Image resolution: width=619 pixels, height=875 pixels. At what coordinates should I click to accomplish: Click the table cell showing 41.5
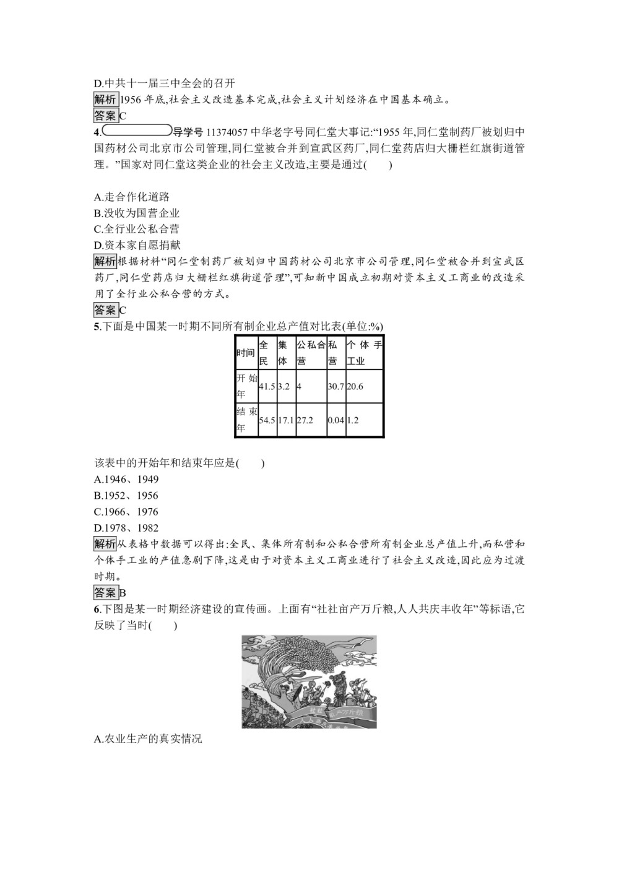click(x=267, y=386)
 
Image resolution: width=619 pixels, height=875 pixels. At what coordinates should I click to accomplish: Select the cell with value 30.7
click(x=335, y=386)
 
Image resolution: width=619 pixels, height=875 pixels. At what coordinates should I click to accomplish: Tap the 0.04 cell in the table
click(x=335, y=420)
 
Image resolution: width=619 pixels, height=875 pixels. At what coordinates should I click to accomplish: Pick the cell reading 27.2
click(x=310, y=420)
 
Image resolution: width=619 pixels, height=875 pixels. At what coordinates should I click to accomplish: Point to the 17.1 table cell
click(x=285, y=420)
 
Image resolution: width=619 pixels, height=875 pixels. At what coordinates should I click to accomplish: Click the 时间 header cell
click(x=246, y=353)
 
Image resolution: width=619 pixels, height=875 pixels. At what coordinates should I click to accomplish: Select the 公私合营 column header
click(x=310, y=353)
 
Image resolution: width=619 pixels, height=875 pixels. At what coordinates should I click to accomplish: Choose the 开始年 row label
click(x=246, y=386)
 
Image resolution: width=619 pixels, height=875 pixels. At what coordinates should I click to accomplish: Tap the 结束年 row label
click(x=246, y=420)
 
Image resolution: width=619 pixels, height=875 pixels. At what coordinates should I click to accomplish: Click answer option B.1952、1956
click(x=126, y=496)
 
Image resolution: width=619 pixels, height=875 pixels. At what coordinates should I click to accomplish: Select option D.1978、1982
click(x=126, y=528)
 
